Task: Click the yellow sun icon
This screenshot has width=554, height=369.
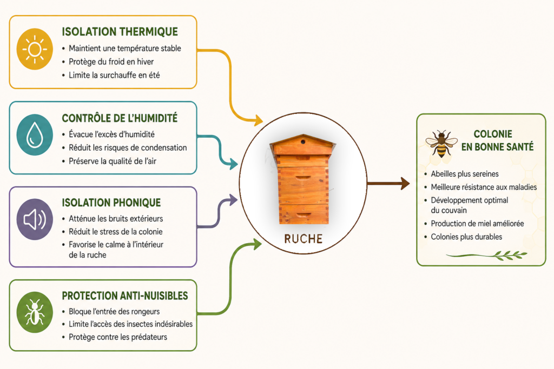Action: click(x=35, y=49)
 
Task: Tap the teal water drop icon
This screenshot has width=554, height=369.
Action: click(x=35, y=135)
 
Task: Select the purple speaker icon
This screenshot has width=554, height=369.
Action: click(x=35, y=219)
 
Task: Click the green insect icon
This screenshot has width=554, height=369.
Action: click(x=35, y=312)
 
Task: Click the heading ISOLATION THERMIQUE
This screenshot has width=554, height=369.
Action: click(x=120, y=32)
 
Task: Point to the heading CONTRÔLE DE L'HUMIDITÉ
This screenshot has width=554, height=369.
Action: click(x=120, y=118)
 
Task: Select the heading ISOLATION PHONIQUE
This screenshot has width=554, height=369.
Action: click(x=111, y=203)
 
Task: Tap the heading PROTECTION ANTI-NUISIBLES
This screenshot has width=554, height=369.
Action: click(x=125, y=296)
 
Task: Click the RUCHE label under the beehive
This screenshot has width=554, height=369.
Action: click(x=303, y=239)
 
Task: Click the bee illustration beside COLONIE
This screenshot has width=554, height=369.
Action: click(x=441, y=144)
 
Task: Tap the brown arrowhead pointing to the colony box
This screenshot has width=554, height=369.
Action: click(x=405, y=184)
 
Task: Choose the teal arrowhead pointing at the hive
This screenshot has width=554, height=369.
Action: click(x=234, y=164)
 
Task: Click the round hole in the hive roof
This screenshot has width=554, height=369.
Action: click(x=303, y=142)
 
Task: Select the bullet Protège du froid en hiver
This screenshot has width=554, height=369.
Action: click(x=111, y=62)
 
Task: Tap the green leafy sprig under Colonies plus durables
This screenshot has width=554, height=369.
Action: click(x=487, y=255)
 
